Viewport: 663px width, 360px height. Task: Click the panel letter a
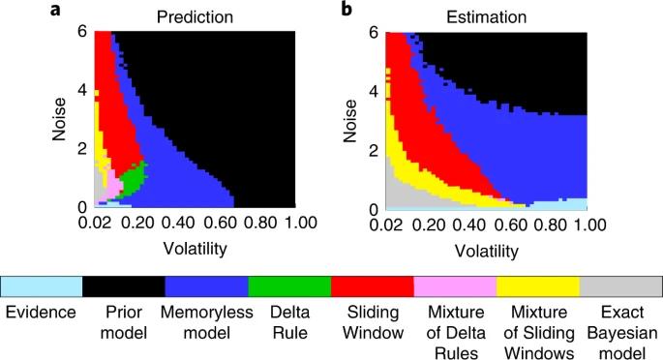coord(55,10)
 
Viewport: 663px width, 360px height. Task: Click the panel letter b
coord(347,9)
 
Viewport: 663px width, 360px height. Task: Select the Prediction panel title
coord(195,17)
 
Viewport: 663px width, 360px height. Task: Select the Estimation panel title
coord(486,17)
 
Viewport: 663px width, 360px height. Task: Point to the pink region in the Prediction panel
coord(112,186)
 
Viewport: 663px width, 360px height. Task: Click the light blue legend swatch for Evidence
coord(42,286)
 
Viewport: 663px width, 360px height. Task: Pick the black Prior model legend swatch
coord(124,286)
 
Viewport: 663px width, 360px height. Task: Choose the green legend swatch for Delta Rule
coord(289,286)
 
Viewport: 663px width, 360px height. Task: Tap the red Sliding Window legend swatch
coord(372,286)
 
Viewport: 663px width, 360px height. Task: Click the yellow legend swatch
coord(538,286)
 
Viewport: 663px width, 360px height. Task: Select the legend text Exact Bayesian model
coord(622,333)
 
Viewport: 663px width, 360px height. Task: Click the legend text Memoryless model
coord(207,322)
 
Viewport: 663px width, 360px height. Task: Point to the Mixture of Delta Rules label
coord(456,333)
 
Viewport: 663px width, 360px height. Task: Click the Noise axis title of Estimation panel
coord(350,121)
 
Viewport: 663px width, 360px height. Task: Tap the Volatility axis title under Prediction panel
coord(195,249)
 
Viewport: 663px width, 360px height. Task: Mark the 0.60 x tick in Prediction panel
coord(220,223)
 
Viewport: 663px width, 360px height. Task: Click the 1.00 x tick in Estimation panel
coord(590,225)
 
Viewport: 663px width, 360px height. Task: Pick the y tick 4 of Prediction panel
coord(82,90)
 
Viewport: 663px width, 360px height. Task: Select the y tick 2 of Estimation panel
coord(374,151)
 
